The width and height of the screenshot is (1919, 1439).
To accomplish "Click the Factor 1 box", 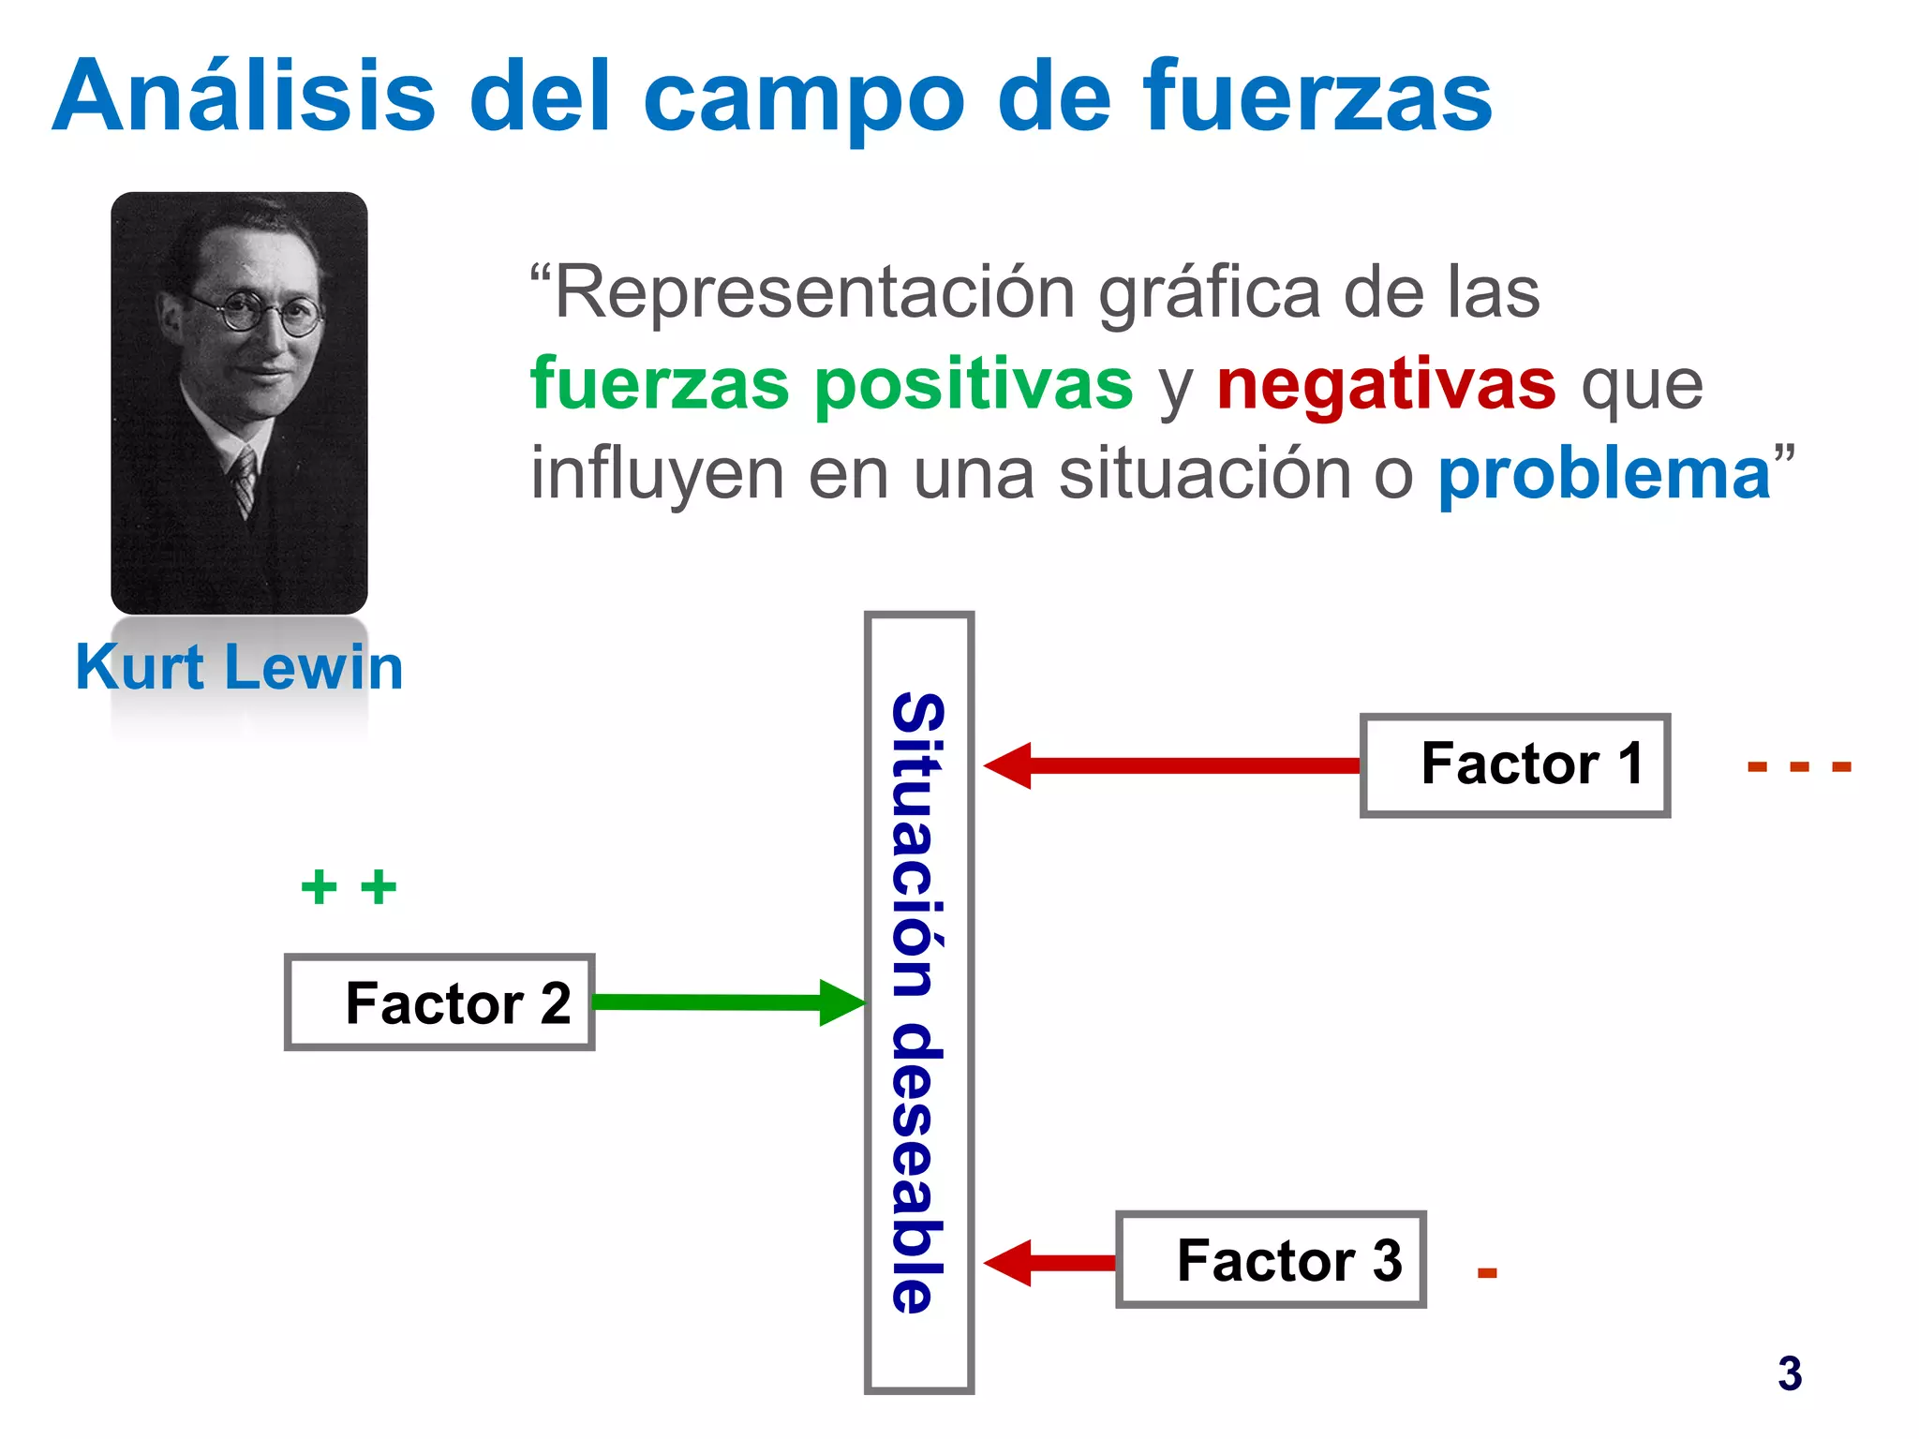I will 1514,765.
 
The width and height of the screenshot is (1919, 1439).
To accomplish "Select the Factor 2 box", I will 439,1002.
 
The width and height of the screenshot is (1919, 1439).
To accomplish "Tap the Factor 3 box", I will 1271,1259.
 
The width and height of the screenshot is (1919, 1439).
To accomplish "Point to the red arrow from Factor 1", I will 1171,765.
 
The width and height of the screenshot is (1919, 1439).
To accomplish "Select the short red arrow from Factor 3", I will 1049,1263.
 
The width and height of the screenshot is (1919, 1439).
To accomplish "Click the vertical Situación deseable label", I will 918,1002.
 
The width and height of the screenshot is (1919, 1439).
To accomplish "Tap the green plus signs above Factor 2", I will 349,886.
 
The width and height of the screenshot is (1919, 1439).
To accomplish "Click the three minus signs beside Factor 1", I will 1799,767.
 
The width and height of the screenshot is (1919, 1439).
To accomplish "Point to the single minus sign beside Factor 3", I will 1487,1272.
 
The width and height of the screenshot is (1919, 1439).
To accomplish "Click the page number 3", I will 1790,1373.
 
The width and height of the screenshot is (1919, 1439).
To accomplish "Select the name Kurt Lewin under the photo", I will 239,667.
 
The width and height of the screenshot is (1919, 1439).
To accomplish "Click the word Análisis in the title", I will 244,96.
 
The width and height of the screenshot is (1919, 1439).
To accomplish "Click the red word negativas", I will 1387,384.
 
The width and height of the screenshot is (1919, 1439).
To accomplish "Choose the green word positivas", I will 974,384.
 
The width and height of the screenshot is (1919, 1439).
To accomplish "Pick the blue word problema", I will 1604,474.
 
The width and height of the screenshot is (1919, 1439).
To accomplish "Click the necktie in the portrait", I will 245,480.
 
